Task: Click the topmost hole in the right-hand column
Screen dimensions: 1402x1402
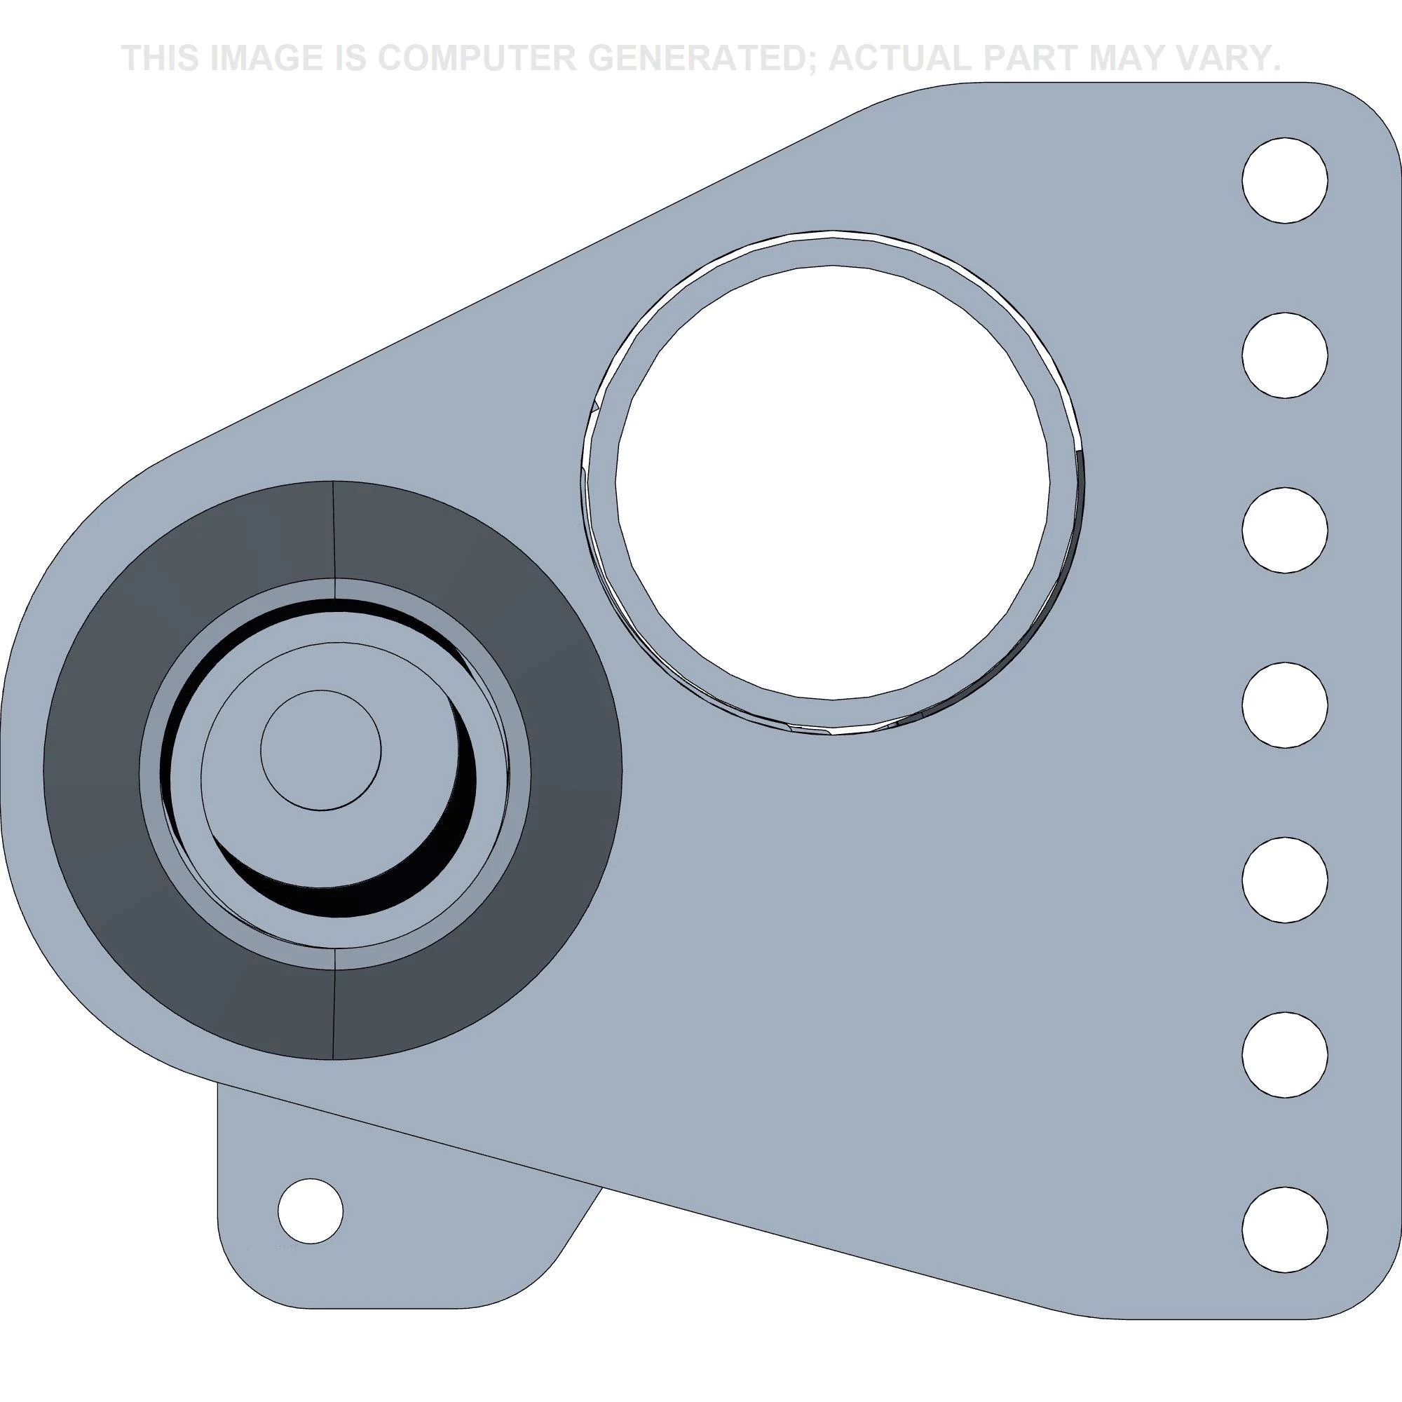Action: pyautogui.click(x=1284, y=180)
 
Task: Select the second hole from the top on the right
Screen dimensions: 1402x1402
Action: pyautogui.click(x=1284, y=355)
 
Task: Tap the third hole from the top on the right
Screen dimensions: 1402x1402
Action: pyautogui.click(x=1284, y=531)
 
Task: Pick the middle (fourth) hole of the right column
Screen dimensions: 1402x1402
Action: pyautogui.click(x=1284, y=705)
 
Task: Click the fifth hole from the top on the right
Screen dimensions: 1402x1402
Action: pyautogui.click(x=1284, y=880)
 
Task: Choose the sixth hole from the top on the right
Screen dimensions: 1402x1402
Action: pyautogui.click(x=1284, y=1054)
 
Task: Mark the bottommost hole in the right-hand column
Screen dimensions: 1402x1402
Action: pyautogui.click(x=1284, y=1230)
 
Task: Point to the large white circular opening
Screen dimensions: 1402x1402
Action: pyautogui.click(x=832, y=482)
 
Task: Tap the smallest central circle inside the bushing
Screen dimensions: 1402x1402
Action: pyautogui.click(x=321, y=749)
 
